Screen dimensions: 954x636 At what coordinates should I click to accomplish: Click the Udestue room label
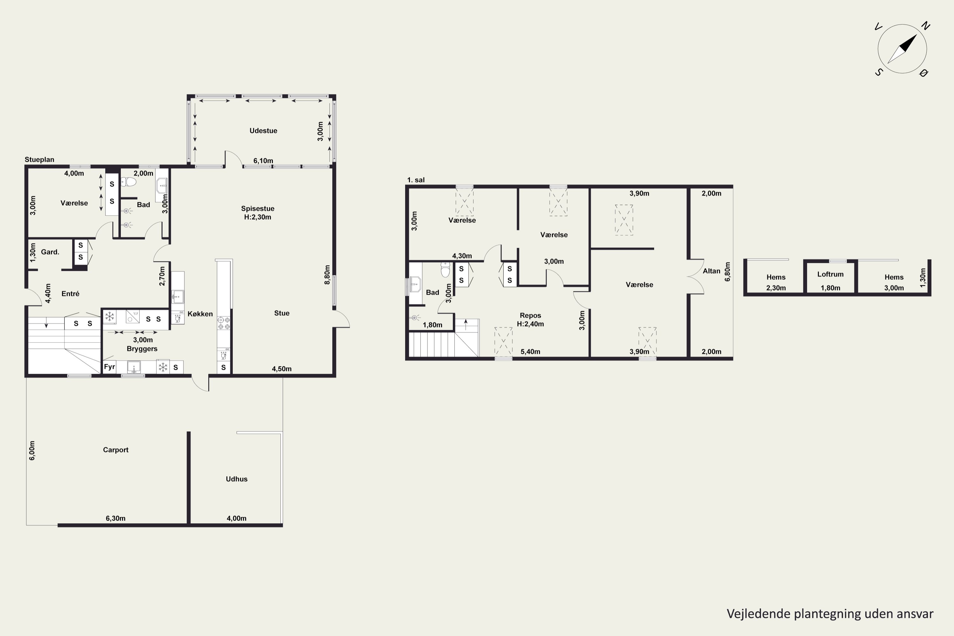click(263, 131)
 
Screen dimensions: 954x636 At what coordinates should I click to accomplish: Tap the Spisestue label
click(258, 209)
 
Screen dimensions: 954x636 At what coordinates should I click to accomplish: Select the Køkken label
click(200, 314)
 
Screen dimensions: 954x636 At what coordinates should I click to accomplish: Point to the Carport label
click(116, 450)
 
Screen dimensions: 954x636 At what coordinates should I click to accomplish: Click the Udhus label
click(237, 479)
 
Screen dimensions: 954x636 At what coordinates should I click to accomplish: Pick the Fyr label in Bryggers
click(109, 367)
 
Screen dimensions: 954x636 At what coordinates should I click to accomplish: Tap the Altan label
click(711, 271)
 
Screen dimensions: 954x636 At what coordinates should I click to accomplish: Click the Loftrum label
click(830, 274)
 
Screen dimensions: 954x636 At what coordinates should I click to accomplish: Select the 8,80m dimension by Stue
click(327, 275)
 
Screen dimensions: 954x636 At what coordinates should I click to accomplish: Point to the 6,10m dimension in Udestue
click(263, 161)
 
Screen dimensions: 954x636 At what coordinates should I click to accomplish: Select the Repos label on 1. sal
click(530, 315)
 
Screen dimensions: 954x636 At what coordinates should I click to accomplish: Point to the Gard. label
click(50, 252)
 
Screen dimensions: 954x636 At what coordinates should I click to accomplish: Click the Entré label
click(70, 294)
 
